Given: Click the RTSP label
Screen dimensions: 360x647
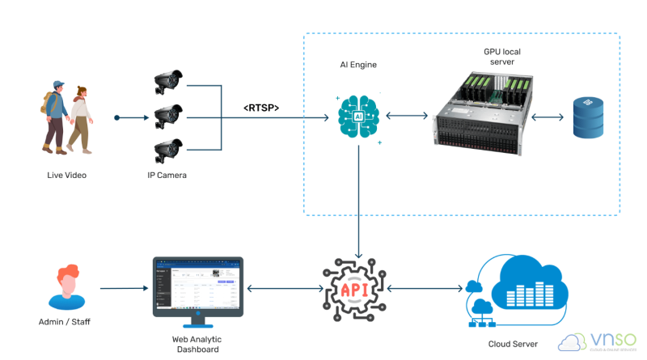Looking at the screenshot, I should [x=261, y=107].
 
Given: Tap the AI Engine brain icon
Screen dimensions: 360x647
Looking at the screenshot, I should [x=358, y=117].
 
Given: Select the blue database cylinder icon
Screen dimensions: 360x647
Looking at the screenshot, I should [x=588, y=116].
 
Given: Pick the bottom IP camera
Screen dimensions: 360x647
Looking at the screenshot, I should [x=169, y=149].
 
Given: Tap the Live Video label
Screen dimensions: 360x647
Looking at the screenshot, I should [x=66, y=175].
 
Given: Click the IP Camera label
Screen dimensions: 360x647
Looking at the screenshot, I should [x=168, y=175].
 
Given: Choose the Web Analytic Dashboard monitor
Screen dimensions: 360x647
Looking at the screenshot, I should [x=197, y=286].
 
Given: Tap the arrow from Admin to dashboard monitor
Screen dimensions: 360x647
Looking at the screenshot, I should [x=121, y=288].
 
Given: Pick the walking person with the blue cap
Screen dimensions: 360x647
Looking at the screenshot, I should [x=56, y=116].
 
